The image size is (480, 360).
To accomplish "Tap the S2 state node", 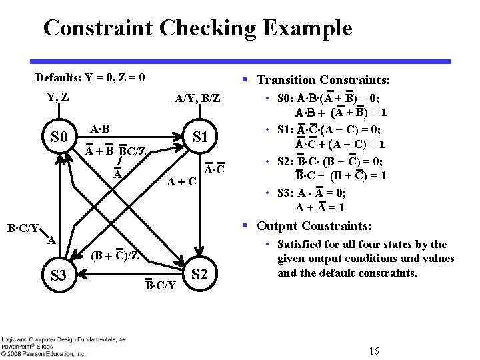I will coord(200,274).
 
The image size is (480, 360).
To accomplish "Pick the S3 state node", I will coord(59,275).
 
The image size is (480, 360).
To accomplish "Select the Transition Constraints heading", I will coord(323,80).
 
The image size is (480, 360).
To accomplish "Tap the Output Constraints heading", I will coord(315,226).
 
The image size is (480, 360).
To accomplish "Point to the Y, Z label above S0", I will coord(57,97).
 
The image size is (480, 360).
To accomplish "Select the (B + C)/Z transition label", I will coord(115,255).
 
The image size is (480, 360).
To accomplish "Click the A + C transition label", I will coord(181,181).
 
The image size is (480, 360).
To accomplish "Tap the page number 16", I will coord(374,351).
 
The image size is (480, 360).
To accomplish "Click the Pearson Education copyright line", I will coord(43,353).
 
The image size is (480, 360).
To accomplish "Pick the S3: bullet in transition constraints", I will coord(287,193).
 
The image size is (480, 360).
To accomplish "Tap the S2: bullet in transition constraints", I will coord(287,161).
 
